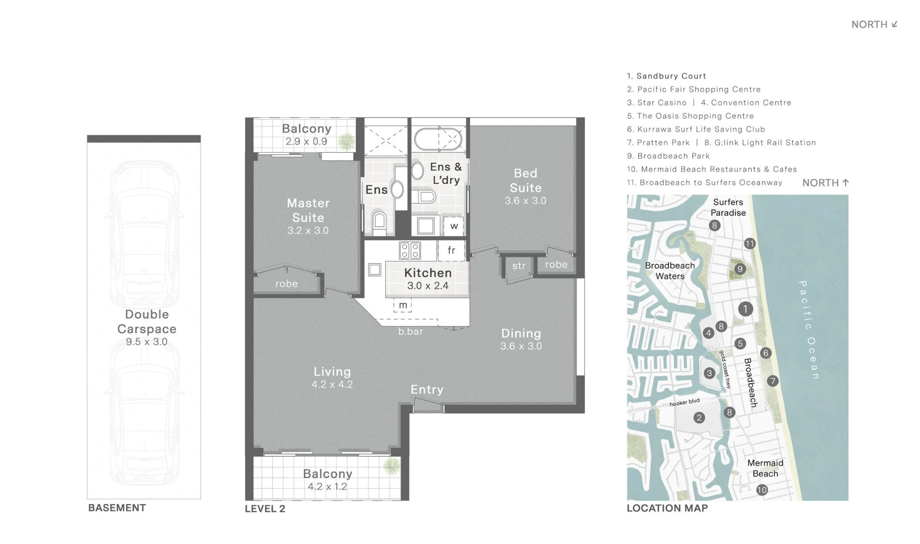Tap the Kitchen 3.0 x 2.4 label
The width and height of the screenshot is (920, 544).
coord(428,279)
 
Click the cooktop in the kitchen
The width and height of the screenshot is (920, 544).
coord(410,251)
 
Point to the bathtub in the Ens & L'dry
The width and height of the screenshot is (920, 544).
coord(438,139)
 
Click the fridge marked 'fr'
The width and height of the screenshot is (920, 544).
coord(451,251)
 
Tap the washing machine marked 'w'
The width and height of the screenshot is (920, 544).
coord(454,226)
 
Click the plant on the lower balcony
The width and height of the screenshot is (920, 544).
coord(392,467)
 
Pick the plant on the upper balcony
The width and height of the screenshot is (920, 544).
coord(346,141)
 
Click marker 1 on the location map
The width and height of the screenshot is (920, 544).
coord(745,309)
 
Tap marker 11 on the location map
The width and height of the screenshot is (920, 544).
coord(750,244)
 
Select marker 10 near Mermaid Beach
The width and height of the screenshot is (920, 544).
coord(762,490)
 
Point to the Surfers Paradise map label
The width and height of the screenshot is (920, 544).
coord(728,207)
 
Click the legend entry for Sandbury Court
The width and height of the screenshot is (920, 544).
coord(667,76)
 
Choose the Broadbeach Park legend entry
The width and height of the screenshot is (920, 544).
coord(668,156)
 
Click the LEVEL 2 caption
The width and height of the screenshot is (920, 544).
coord(265,509)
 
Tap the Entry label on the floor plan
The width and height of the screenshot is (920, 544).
coord(427,390)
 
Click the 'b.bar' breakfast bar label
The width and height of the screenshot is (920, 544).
coord(410,332)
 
